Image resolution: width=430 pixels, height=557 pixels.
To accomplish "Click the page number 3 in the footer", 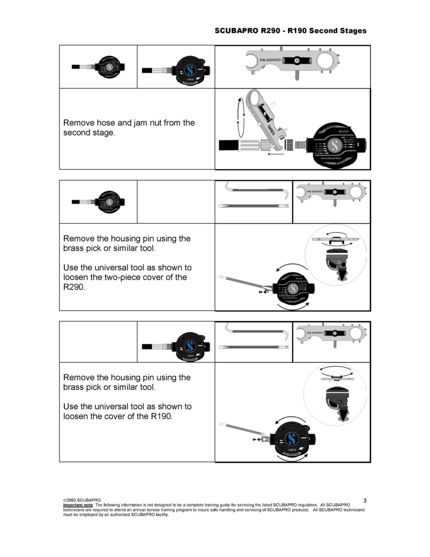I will pyautogui.click(x=365, y=500).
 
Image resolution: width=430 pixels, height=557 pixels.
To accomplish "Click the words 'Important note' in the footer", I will pyautogui.click(x=78, y=505).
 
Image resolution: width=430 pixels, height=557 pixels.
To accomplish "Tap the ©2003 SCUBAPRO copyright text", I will pyautogui.click(x=82, y=500).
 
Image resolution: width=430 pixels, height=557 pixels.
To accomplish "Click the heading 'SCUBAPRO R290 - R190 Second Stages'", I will pyautogui.click(x=291, y=31).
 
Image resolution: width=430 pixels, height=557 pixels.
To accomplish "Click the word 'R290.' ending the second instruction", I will pyautogui.click(x=74, y=287).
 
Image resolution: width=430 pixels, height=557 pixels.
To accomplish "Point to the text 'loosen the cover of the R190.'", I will pyautogui.click(x=118, y=416).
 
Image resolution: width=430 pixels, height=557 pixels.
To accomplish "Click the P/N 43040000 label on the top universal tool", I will pyautogui.click(x=270, y=60).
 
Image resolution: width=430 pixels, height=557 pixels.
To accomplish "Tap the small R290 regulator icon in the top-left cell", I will pyautogui.click(x=109, y=67).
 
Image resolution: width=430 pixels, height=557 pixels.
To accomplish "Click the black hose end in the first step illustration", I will pyautogui.click(x=228, y=145).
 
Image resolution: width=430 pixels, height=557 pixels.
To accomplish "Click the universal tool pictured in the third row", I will pyautogui.click(x=331, y=334).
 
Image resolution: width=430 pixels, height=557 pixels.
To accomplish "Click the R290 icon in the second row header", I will pyautogui.click(x=109, y=202).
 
